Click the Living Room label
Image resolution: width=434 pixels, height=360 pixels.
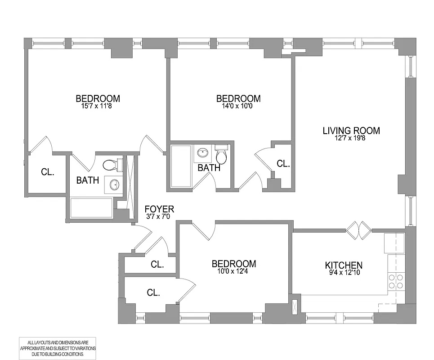pos(351,131)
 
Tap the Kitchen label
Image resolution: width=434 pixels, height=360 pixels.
pos(344,265)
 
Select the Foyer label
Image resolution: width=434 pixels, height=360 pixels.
pos(159,209)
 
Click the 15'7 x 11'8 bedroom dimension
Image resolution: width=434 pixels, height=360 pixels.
pos(98,106)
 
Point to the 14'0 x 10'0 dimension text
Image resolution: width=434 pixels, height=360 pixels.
pos(238,106)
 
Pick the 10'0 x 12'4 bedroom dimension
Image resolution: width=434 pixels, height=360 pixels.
pos(234,271)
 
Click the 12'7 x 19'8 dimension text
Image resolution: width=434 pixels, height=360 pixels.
pos(351,139)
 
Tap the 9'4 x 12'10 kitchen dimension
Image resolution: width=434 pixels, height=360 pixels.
pos(344,273)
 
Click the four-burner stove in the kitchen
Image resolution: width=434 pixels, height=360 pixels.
pos(395,282)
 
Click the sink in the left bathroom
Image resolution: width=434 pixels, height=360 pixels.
pos(114,184)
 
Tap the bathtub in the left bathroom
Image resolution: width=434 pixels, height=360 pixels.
pos(92,208)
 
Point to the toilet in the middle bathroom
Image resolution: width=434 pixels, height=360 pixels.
pos(221,155)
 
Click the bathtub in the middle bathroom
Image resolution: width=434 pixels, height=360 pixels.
pos(181,166)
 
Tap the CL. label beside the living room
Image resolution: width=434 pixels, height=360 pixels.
pos(283,164)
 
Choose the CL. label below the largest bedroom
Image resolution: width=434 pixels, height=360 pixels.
pos(48,172)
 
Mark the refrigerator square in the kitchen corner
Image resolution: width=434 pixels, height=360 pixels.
pos(394,243)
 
